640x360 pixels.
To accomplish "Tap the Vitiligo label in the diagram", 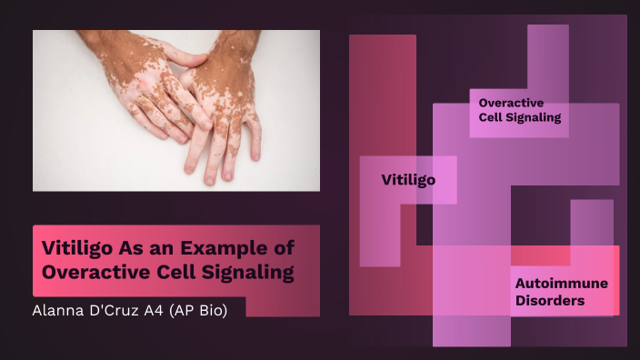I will [x=407, y=180].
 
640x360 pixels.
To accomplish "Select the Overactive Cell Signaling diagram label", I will [x=519, y=110].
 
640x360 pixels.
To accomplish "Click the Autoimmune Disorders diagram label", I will [x=561, y=291].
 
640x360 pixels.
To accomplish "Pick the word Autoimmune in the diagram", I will [x=561, y=283].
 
